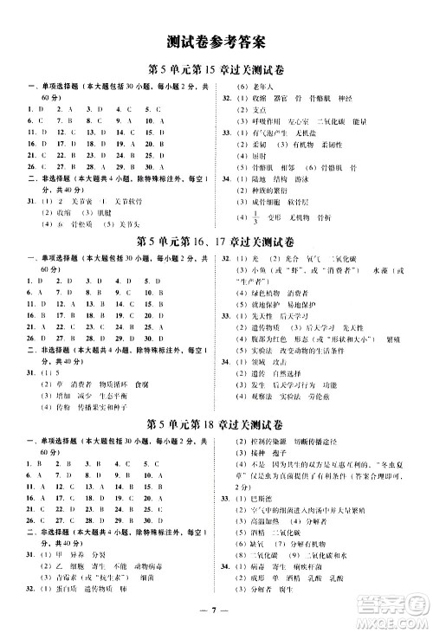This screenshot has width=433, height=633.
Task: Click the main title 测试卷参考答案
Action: [216, 41]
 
